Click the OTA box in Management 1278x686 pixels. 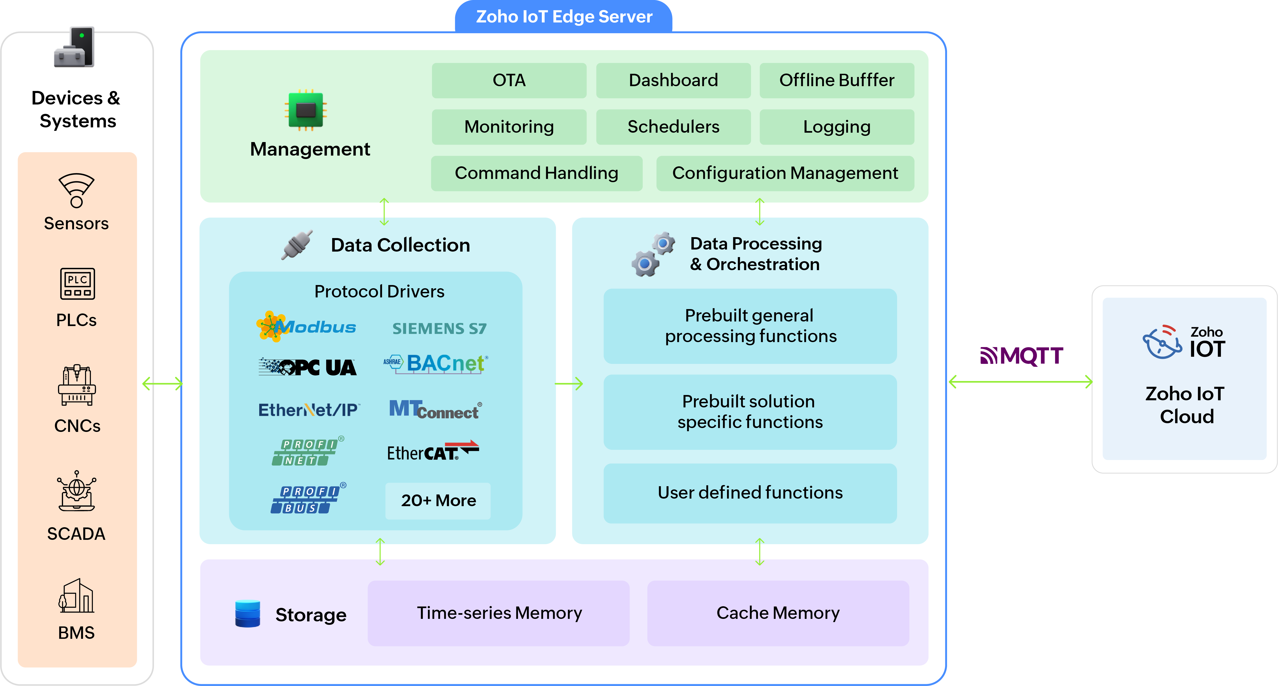pos(509,80)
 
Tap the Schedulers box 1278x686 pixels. pos(673,127)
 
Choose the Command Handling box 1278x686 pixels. pos(536,173)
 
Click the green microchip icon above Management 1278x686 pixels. pos(306,110)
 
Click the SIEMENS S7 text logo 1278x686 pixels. pos(439,328)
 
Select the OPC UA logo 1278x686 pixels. pos(308,367)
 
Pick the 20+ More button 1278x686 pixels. pos(438,500)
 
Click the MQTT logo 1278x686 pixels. pos(1022,356)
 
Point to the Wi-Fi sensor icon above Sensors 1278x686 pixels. pos(76,190)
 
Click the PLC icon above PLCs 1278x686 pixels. pos(77,284)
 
